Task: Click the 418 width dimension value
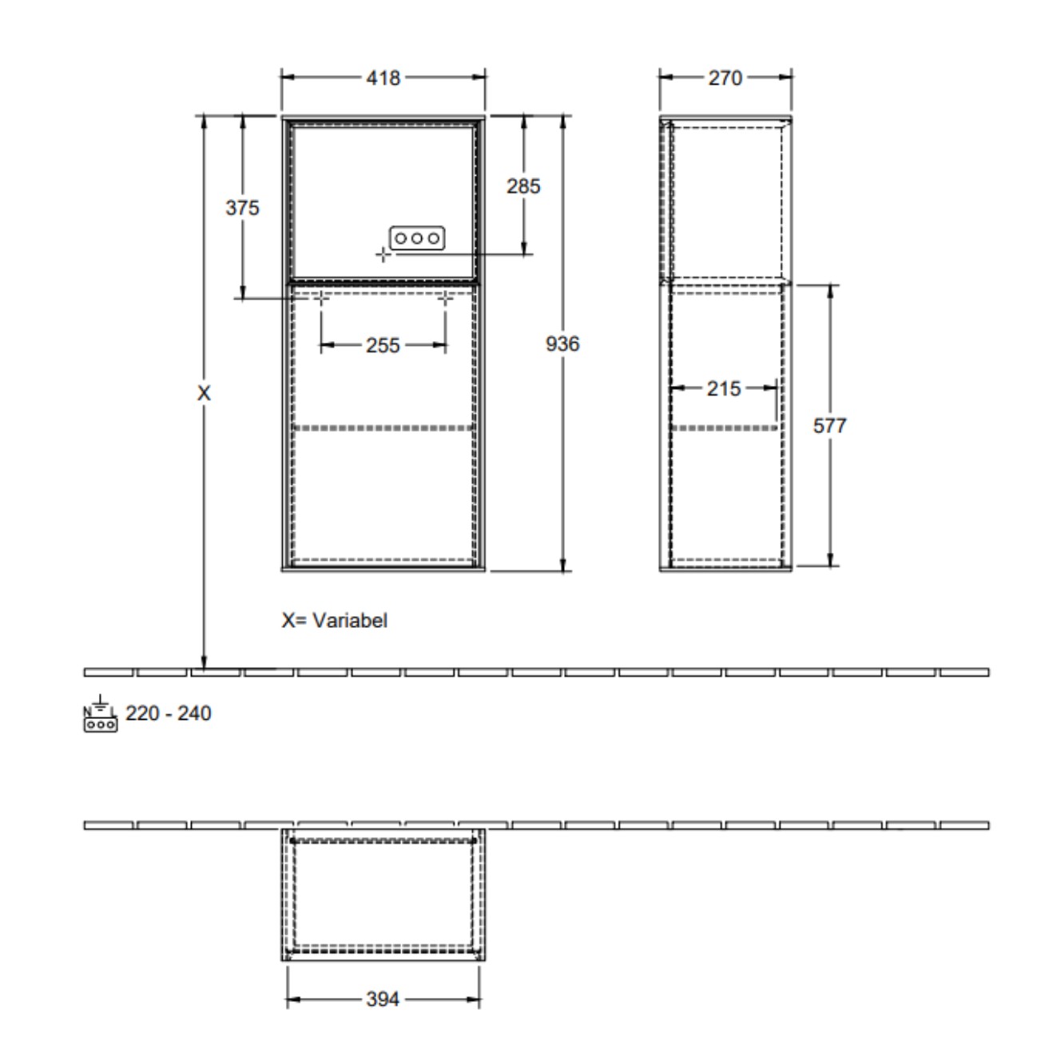383,78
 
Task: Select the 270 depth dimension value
725,78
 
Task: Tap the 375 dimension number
242,208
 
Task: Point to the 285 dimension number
523,186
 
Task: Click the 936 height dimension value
562,344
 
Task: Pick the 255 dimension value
383,345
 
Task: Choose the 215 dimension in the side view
724,388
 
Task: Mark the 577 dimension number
829,426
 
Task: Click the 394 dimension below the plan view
383,999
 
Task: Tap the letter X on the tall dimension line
204,393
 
